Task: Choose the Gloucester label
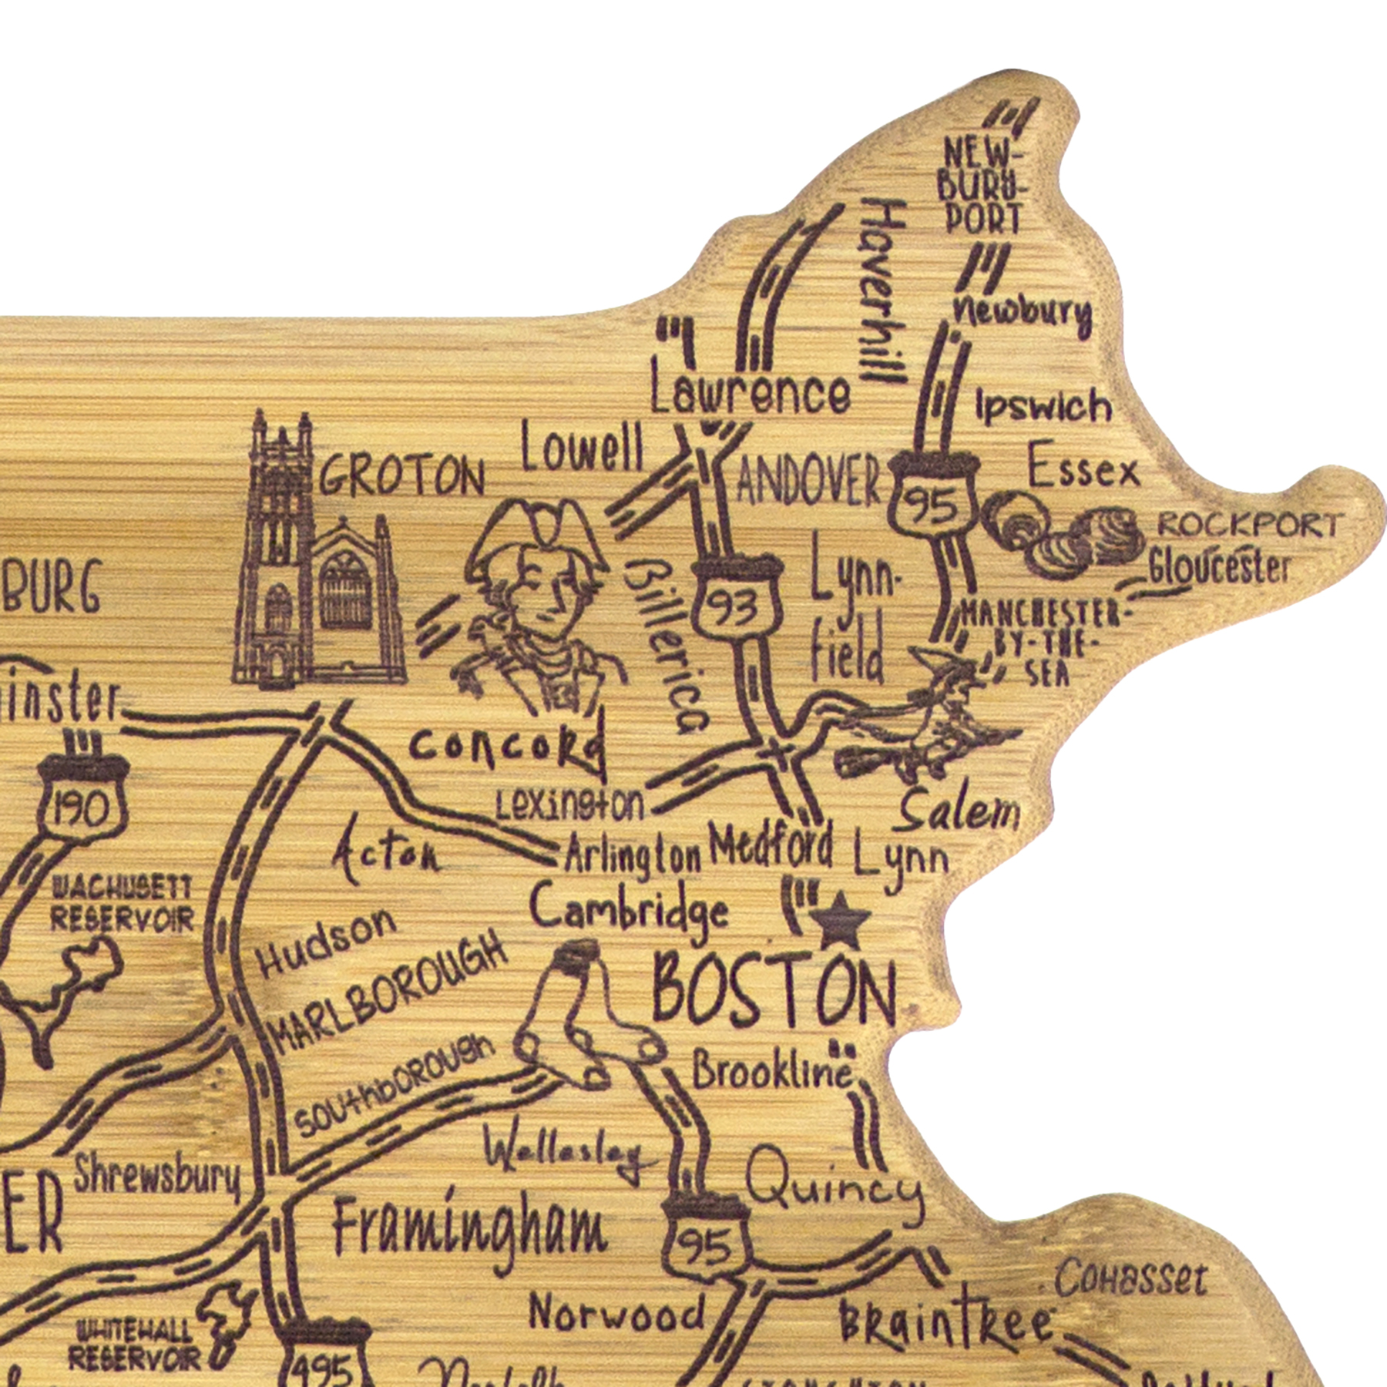(x=1217, y=569)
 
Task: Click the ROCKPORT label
(x=1248, y=526)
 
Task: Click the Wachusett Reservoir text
(x=121, y=904)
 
